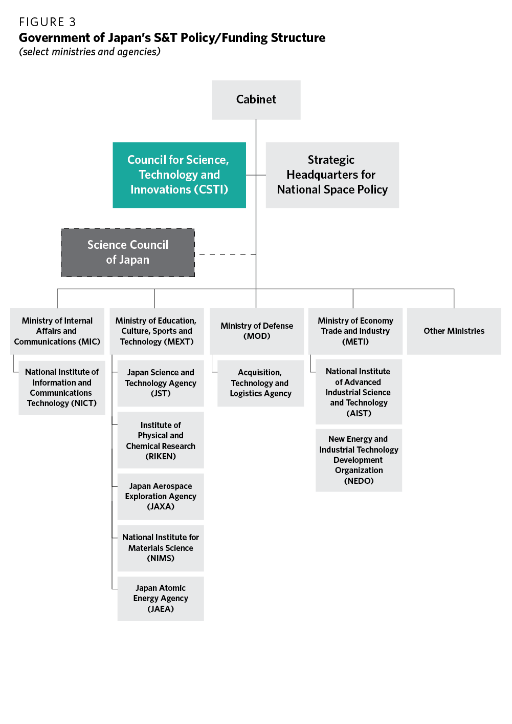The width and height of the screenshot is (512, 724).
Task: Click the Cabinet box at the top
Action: click(256, 100)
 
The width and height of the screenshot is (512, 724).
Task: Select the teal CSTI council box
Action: click(179, 175)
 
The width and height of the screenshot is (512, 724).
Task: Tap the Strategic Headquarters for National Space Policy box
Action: click(332, 175)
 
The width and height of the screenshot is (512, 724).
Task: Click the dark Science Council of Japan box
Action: click(128, 252)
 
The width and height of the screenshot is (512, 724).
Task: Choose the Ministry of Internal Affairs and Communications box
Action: click(57, 331)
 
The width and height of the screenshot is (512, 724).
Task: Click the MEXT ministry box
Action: click(157, 331)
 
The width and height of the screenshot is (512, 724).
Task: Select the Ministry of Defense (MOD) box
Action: click(257, 331)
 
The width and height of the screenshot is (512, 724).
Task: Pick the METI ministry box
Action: click(355, 331)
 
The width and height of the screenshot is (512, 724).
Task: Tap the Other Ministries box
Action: click(454, 331)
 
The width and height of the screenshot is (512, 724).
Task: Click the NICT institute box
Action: click(62, 388)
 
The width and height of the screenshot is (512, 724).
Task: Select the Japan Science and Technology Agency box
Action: click(161, 383)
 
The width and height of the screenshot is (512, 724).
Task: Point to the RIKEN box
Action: click(161, 440)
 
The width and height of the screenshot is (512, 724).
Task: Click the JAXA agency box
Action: click(161, 496)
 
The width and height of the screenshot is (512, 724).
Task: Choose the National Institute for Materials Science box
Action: click(161, 548)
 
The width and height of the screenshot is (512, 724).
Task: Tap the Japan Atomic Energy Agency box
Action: click(161, 599)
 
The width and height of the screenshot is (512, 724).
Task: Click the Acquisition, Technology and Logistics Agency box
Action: click(260, 383)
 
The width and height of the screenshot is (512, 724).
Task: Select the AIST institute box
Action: click(359, 392)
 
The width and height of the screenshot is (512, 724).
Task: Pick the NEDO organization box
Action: click(359, 460)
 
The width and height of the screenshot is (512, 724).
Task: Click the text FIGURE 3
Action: click(48, 22)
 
